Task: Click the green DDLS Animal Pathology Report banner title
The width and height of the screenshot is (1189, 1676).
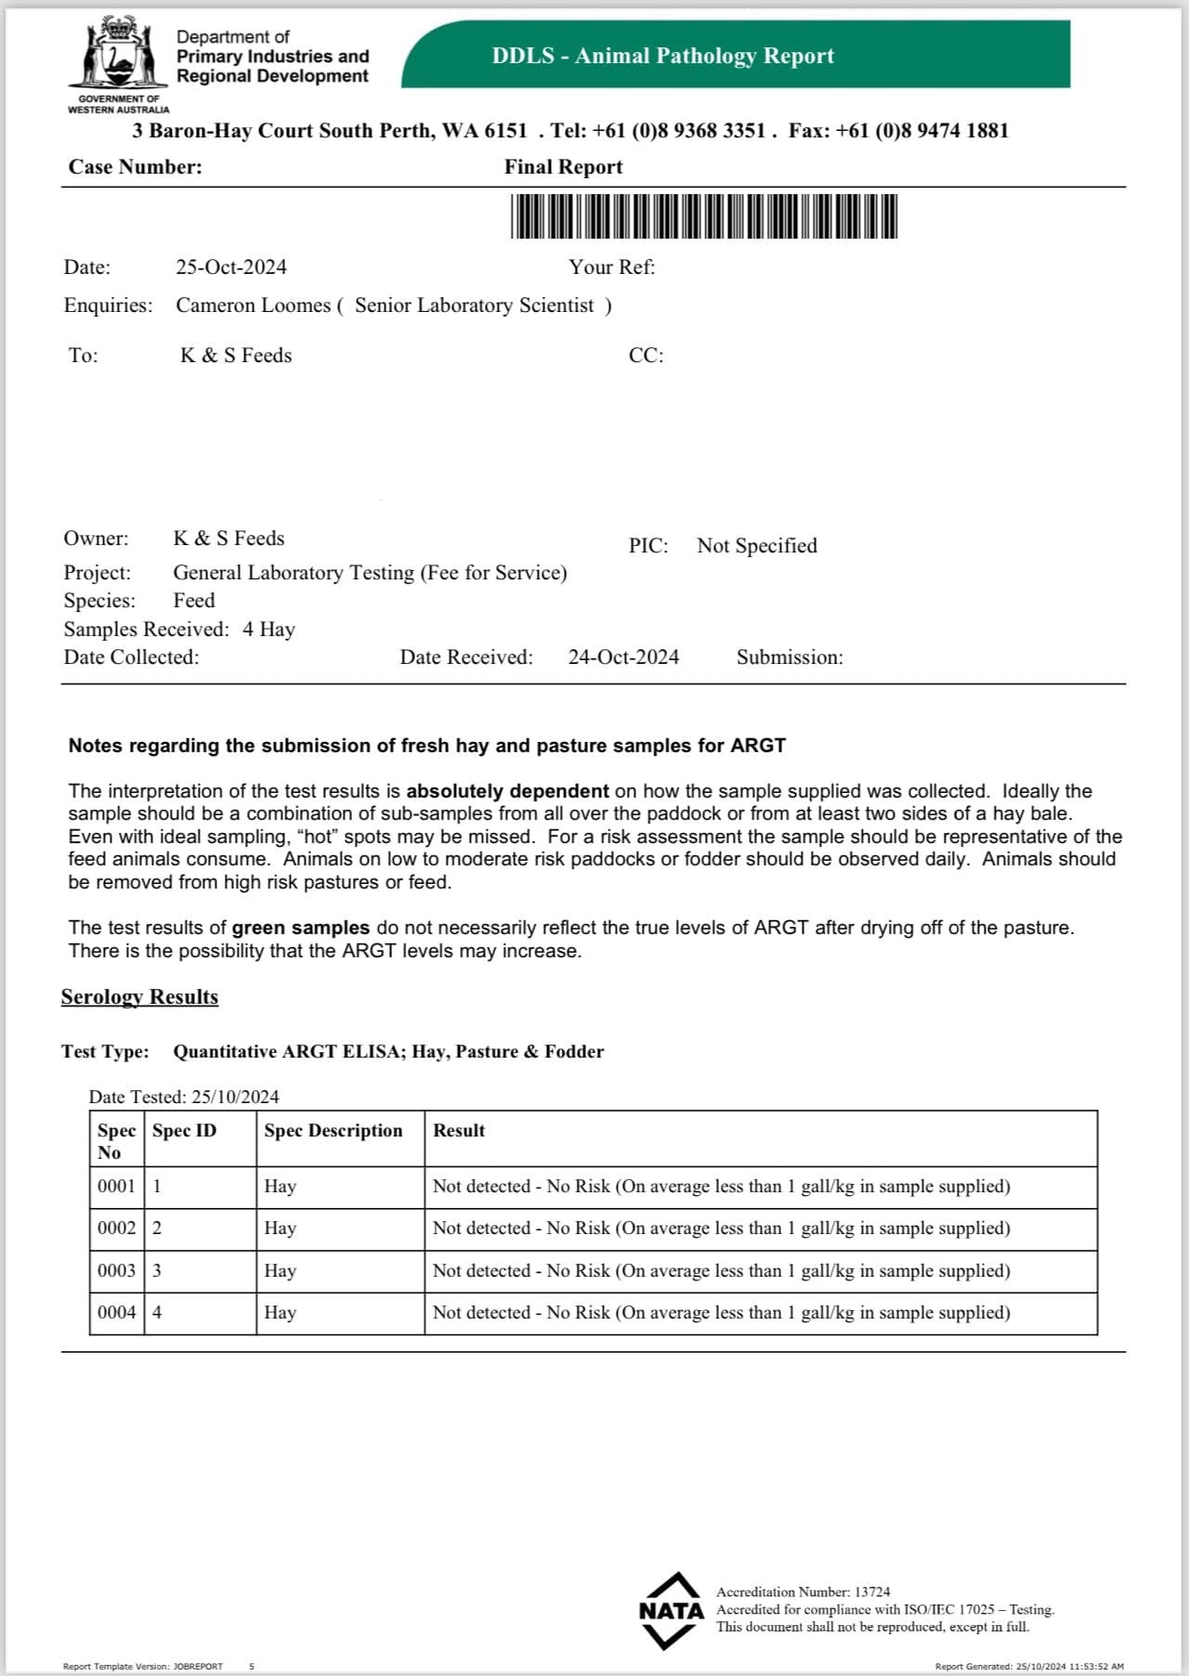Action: click(662, 56)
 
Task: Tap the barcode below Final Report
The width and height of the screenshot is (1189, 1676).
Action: click(703, 216)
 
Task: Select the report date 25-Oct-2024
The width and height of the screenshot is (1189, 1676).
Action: click(231, 267)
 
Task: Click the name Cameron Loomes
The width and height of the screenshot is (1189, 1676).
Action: click(253, 305)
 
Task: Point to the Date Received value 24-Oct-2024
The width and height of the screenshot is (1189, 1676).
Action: click(623, 657)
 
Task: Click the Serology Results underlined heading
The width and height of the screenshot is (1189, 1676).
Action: click(139, 997)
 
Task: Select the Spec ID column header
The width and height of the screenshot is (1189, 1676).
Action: click(184, 1131)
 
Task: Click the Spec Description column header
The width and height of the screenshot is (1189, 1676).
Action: click(333, 1131)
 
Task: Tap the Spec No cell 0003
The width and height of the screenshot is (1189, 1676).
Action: click(116, 1270)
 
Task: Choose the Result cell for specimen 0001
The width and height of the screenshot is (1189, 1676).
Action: click(721, 1187)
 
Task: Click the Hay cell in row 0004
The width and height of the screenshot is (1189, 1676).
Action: click(280, 1313)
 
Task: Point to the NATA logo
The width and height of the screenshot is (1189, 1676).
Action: click(671, 1610)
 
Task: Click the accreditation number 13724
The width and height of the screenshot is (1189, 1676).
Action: click(871, 1592)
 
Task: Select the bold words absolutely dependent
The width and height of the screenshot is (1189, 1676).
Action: click(507, 791)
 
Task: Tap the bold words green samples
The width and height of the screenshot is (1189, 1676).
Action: click(300, 928)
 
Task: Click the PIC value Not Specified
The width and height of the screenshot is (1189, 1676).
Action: click(756, 546)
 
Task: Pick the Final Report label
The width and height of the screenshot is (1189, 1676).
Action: click(563, 167)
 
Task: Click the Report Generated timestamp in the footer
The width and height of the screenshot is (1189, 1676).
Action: click(1028, 1667)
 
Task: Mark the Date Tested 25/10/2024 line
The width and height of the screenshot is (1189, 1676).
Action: click(184, 1097)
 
